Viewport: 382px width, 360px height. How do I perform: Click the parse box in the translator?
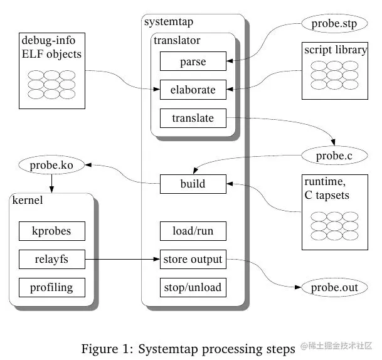point(192,62)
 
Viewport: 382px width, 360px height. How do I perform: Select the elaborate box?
point(192,90)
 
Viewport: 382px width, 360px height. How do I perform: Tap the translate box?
point(192,118)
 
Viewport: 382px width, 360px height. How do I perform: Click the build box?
point(192,184)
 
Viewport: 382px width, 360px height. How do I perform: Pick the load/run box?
point(192,231)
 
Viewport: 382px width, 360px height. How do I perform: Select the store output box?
point(192,259)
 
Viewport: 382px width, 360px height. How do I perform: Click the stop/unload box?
point(192,288)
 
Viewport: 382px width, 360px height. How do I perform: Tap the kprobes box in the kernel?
point(51,231)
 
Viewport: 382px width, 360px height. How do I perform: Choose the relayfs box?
point(51,259)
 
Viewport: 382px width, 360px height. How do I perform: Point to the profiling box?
point(51,288)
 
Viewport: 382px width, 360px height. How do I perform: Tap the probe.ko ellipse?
point(50,167)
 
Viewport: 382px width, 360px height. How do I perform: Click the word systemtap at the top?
point(169,22)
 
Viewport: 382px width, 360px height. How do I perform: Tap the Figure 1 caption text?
point(188,348)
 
